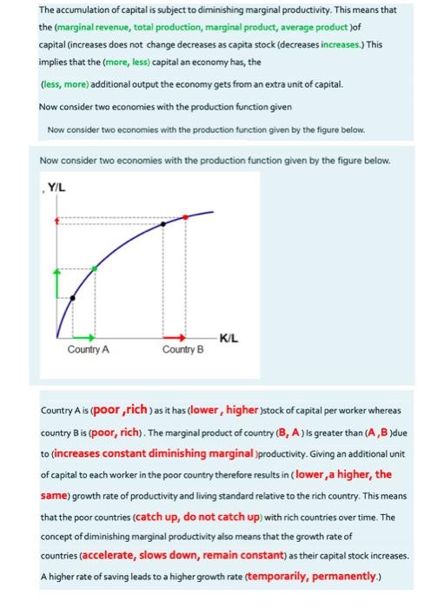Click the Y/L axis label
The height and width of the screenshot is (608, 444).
click(57, 186)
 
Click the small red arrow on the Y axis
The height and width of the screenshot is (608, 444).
click(58, 221)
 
